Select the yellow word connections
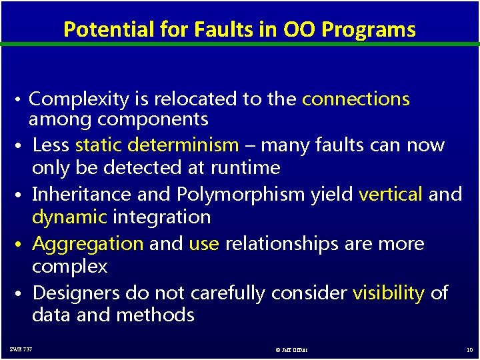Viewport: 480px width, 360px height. (355, 99)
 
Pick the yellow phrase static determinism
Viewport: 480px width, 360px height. (157, 145)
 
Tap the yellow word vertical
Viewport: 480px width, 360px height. (391, 194)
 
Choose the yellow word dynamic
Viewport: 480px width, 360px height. (69, 217)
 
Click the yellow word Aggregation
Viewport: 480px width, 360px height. (87, 243)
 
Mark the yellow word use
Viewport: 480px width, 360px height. (204, 243)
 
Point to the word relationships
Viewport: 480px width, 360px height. (282, 243)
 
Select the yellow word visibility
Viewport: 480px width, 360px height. (388, 293)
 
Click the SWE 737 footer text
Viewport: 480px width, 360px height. (21, 349)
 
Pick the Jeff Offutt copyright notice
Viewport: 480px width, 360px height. (291, 349)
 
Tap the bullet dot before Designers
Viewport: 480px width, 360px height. (22, 294)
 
